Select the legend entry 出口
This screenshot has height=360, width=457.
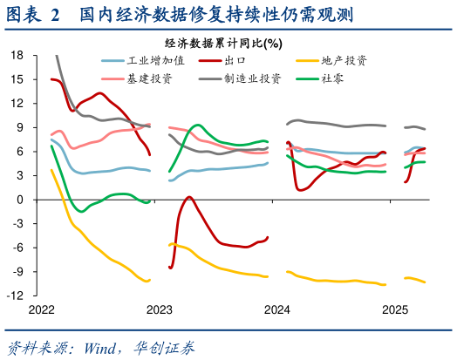pyautogui.click(x=234, y=61)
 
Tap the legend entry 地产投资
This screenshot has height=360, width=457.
pyautogui.click(x=344, y=61)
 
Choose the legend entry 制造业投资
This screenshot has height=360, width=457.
pyautogui.click(x=252, y=78)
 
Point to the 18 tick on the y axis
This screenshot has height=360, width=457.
pyautogui.click(x=17, y=55)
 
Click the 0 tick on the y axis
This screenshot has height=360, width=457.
pyautogui.click(x=20, y=200)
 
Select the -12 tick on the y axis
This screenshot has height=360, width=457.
pyautogui.click(x=15, y=295)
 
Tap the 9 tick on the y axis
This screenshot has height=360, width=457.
pyautogui.click(x=20, y=127)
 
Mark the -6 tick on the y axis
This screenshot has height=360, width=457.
pyautogui.click(x=17, y=248)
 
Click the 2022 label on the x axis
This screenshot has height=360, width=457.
pyautogui.click(x=41, y=310)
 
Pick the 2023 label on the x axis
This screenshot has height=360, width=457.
pyautogui.click(x=159, y=310)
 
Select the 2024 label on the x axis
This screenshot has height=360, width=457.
pyautogui.click(x=277, y=310)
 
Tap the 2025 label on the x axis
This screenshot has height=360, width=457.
pyautogui.click(x=395, y=310)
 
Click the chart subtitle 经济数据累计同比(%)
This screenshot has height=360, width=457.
pyautogui.click(x=223, y=43)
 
